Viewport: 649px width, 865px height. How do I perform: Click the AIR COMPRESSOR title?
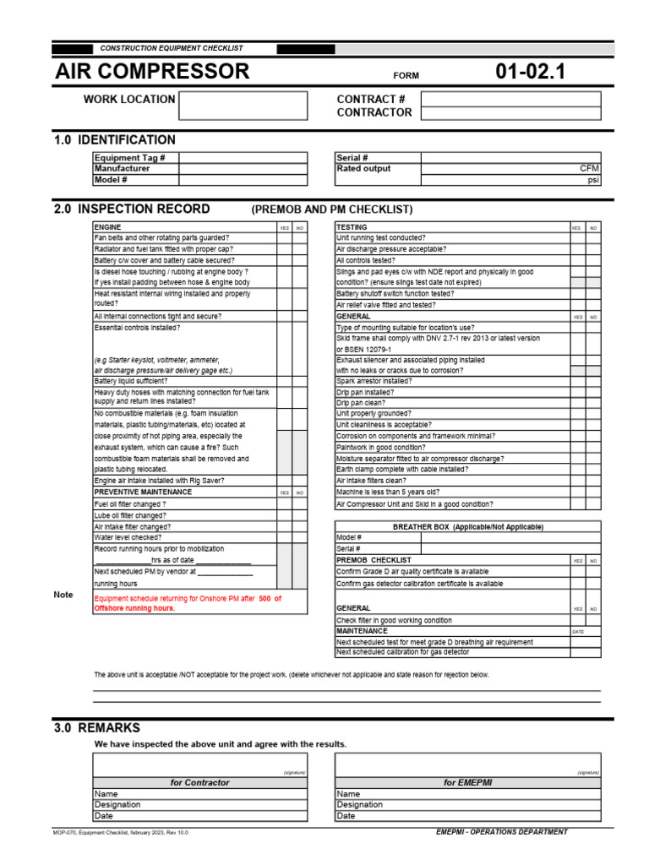152,72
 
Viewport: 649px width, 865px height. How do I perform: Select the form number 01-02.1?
530,72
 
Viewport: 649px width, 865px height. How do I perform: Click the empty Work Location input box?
243,106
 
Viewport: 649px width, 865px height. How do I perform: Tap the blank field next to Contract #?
510,100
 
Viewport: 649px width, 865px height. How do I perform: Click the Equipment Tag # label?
129,158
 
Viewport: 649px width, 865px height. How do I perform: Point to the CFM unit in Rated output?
589,169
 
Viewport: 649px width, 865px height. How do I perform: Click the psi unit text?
592,180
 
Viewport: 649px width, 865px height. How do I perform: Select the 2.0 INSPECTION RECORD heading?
132,209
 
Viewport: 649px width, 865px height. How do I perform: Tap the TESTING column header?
352,227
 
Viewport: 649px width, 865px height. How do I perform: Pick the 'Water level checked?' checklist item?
128,536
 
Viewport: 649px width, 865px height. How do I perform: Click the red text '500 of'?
270,598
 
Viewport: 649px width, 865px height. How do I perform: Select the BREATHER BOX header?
467,526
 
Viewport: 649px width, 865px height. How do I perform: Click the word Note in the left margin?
63,595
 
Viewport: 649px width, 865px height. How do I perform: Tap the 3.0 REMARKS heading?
97,727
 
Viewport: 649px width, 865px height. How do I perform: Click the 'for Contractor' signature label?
199,782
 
